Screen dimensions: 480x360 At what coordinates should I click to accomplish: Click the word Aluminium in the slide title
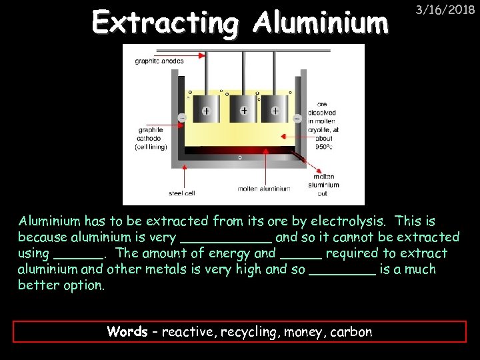(321, 23)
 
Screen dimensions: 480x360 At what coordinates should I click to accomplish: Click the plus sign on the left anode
(207, 111)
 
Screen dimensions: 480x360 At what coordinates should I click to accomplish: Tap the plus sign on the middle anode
(245, 110)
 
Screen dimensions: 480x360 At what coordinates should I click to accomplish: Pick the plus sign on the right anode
(275, 111)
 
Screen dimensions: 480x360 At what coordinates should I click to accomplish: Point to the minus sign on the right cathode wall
(297, 119)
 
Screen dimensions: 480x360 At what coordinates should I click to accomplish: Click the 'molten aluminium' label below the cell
(264, 189)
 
